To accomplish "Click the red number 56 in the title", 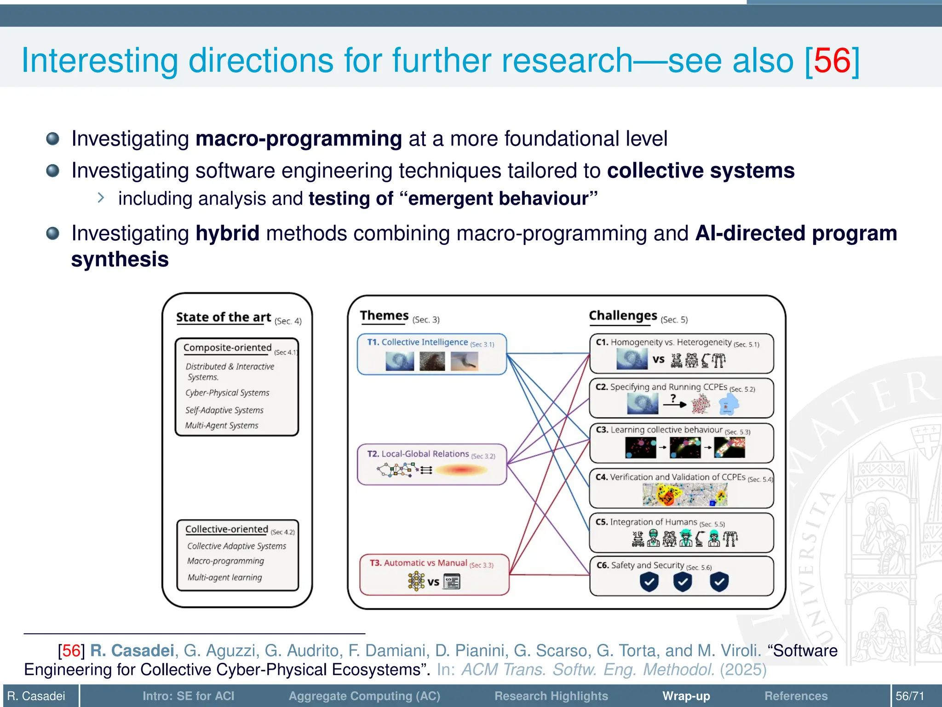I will [832, 61].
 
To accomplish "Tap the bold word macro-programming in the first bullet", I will [299, 139].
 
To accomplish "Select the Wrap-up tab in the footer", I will [686, 696].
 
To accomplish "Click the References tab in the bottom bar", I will [796, 696].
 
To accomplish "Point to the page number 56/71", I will [909, 696].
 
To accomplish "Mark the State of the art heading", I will [224, 317].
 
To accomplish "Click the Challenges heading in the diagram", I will [623, 316].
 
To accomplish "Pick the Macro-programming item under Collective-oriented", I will [225, 561].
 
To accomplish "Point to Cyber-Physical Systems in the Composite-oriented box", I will [227, 393].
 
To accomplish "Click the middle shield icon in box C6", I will [683, 582].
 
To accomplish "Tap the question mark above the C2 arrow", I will [673, 398].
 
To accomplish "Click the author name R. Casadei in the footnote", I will [132, 650].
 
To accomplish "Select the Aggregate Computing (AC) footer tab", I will [364, 696].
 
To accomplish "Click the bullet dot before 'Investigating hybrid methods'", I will [53, 233].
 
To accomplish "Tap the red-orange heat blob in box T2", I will [461, 470].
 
